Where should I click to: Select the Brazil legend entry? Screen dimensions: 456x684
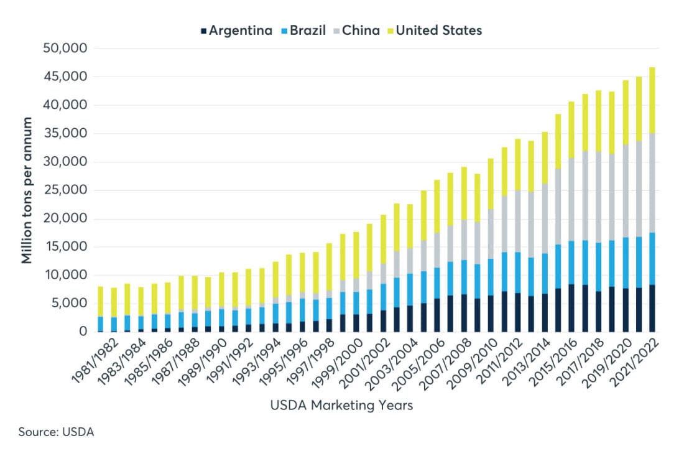[303, 30]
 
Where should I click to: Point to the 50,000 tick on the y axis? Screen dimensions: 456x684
[65, 49]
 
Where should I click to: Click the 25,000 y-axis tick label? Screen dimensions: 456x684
[65, 190]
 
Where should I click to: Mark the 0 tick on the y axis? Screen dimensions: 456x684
[83, 332]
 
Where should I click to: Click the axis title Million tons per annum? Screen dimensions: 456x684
[27, 190]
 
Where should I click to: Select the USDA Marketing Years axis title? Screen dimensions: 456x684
[341, 406]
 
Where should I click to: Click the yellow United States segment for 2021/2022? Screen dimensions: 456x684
[652, 100]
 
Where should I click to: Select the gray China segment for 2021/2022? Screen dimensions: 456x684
[652, 183]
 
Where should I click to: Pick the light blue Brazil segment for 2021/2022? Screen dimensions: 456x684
[652, 259]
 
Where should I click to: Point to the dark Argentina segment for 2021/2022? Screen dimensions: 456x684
[652, 309]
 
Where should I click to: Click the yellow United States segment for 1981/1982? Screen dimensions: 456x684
[101, 302]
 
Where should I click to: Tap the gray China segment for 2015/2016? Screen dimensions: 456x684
[571, 199]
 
